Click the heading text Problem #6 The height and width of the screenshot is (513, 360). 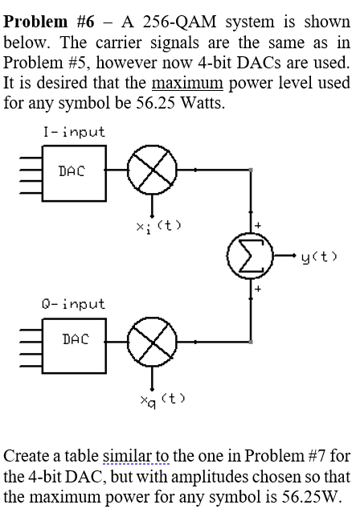point(49,22)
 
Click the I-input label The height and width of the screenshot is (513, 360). point(73,133)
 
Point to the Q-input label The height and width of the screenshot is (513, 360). point(73,304)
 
